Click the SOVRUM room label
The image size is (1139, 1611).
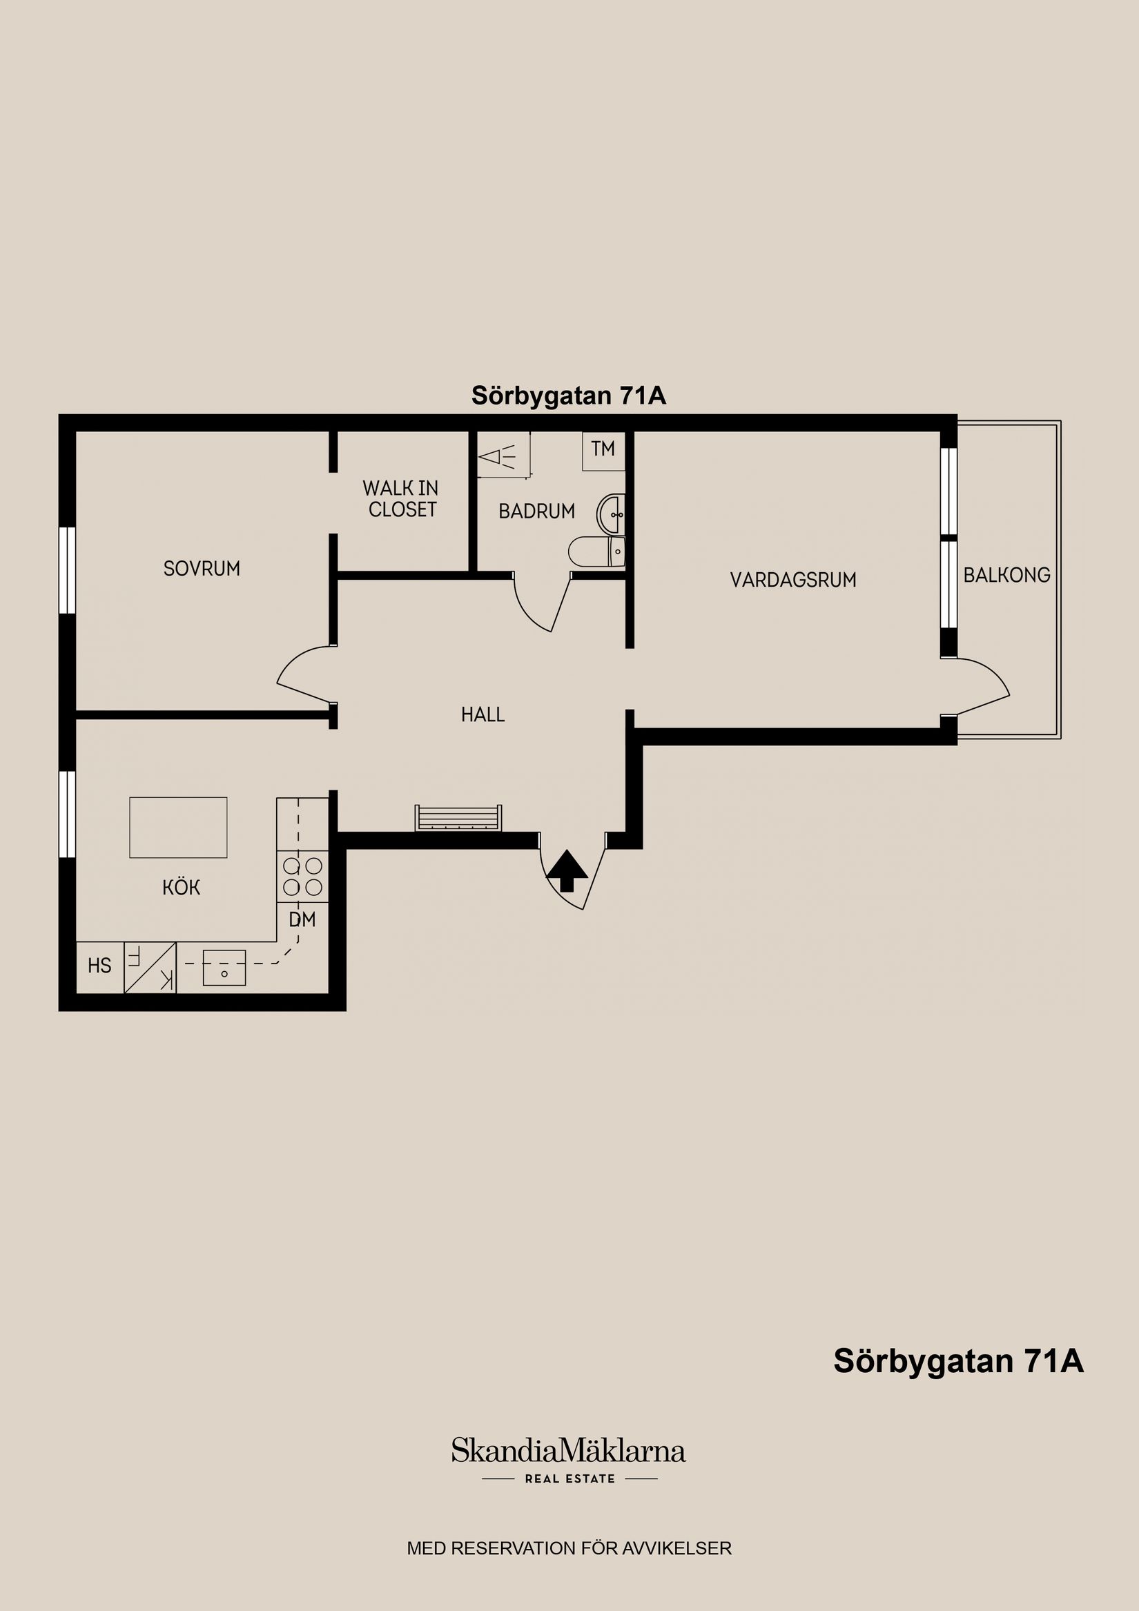(x=202, y=568)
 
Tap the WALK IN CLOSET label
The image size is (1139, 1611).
(x=400, y=499)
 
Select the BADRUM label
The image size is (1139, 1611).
(x=537, y=511)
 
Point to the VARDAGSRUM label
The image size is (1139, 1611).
(x=793, y=580)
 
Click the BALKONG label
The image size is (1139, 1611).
(x=1006, y=576)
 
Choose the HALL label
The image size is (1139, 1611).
(x=483, y=715)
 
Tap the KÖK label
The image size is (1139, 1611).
(x=181, y=888)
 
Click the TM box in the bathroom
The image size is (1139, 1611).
(x=603, y=450)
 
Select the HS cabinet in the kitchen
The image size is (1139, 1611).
(x=99, y=966)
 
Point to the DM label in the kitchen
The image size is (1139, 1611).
(x=302, y=919)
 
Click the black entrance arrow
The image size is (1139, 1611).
(x=567, y=871)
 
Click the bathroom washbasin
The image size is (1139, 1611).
(x=610, y=514)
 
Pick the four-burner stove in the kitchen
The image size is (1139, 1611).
(x=302, y=877)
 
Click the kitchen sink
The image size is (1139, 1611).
(x=224, y=967)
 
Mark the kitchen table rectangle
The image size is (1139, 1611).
(x=178, y=828)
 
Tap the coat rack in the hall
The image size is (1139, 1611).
(x=458, y=818)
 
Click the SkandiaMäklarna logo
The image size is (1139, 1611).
(x=568, y=1451)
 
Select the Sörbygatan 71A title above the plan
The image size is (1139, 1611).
(x=568, y=396)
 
